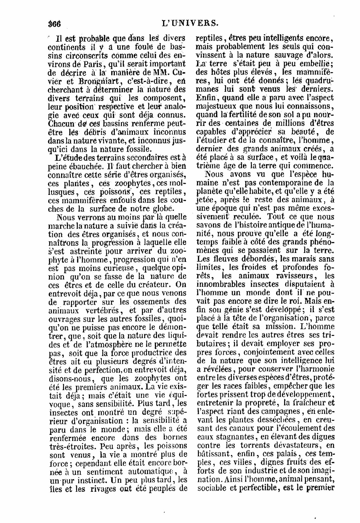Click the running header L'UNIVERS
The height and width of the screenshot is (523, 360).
pyautogui.click(x=190, y=23)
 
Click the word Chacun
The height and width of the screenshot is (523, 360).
pyautogui.click(x=60, y=124)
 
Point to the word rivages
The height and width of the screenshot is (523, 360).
pyautogui.click(x=114, y=488)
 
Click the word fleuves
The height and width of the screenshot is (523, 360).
pyautogui.click(x=222, y=259)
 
